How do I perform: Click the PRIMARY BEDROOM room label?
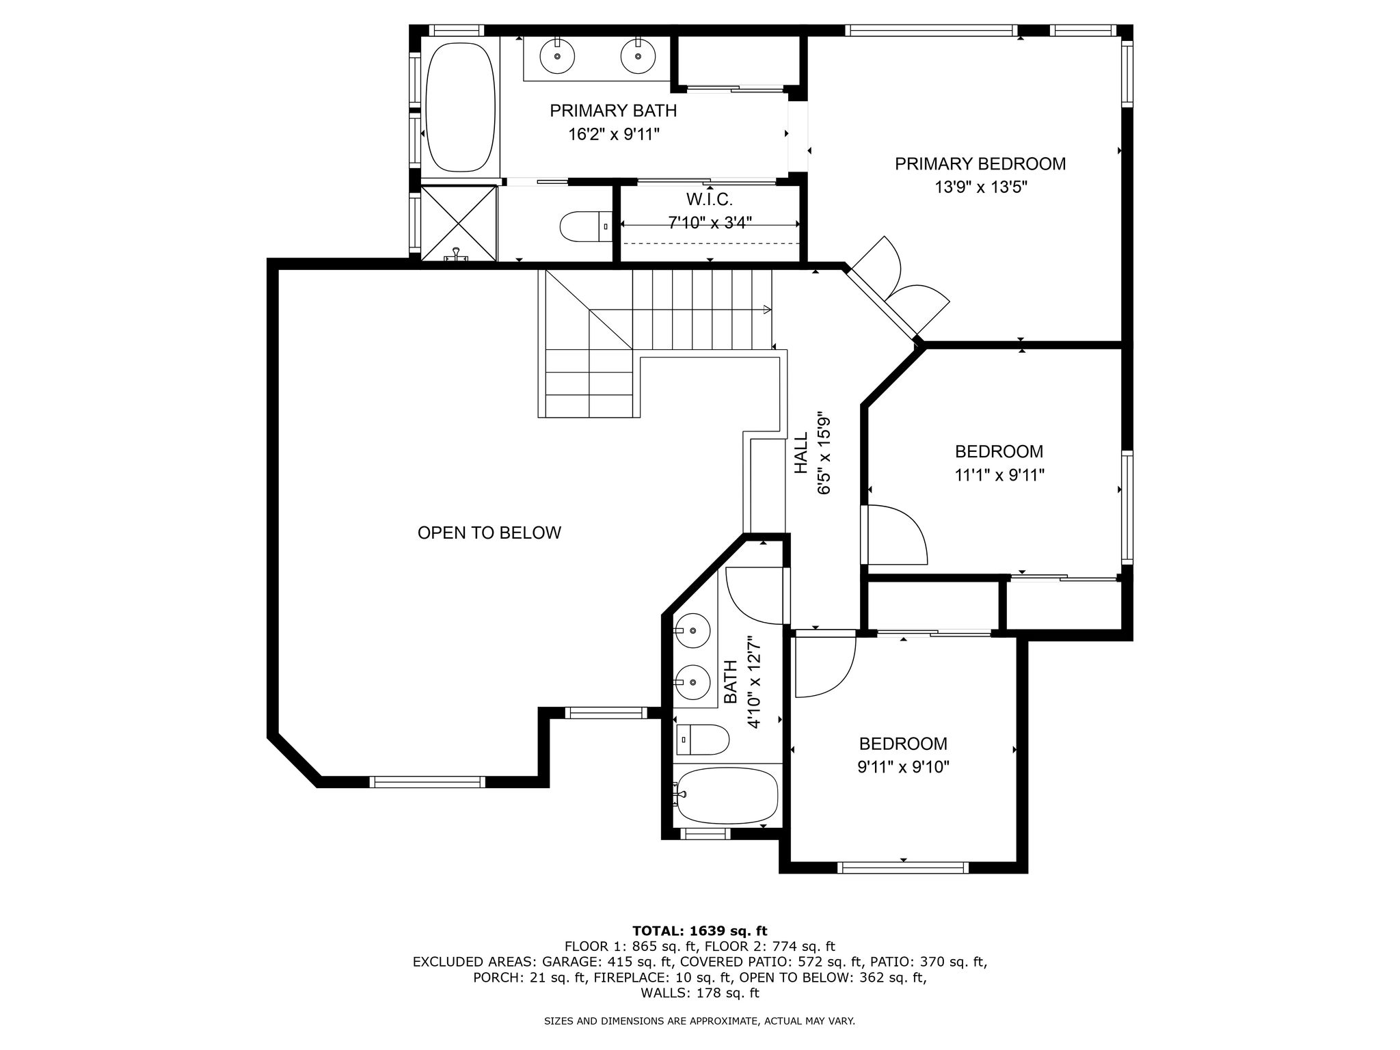pyautogui.click(x=980, y=164)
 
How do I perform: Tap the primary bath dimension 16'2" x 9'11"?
pyautogui.click(x=614, y=134)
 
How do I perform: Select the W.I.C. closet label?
pyautogui.click(x=710, y=200)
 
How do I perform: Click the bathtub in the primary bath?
pyautogui.click(x=460, y=107)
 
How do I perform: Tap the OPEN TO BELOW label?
pyautogui.click(x=489, y=533)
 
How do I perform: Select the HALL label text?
pyautogui.click(x=801, y=453)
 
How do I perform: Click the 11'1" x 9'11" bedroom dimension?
pyautogui.click(x=999, y=474)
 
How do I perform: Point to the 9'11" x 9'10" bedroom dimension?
pyautogui.click(x=904, y=767)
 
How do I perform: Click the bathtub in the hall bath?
pyautogui.click(x=726, y=796)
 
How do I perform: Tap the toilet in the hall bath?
pyautogui.click(x=703, y=740)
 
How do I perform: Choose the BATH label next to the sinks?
pyautogui.click(x=731, y=682)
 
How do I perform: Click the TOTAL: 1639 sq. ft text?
pyautogui.click(x=700, y=930)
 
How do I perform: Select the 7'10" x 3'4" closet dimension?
pyautogui.click(x=710, y=222)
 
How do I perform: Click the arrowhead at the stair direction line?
pyautogui.click(x=768, y=310)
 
